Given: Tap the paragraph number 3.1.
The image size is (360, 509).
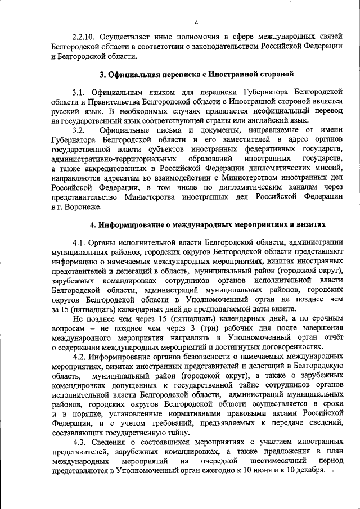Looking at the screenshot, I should [x=79, y=92].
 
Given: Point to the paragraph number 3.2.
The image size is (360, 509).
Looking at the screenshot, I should [x=79, y=130].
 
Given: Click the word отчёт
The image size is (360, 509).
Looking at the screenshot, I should [x=332, y=338].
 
